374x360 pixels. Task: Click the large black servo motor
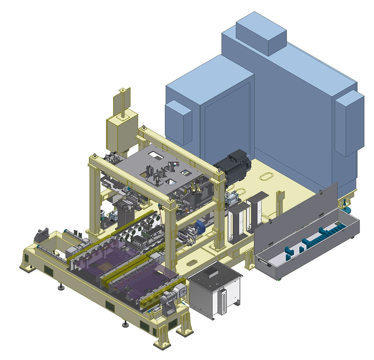pos(234,167)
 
